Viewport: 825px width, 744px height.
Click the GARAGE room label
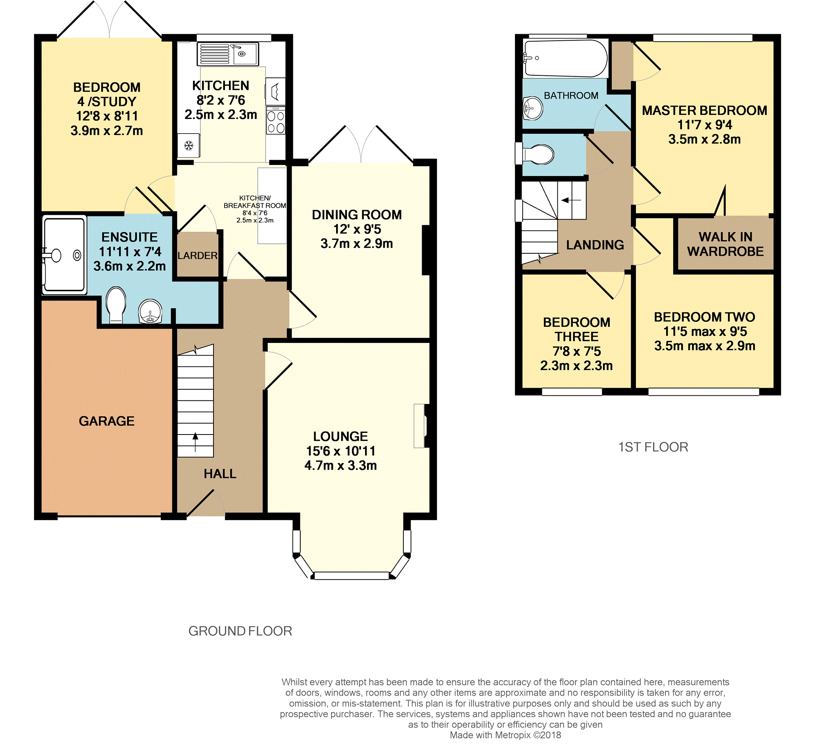pyautogui.click(x=106, y=421)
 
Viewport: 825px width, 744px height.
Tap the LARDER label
pyautogui.click(x=198, y=255)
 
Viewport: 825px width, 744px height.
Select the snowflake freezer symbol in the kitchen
pyautogui.click(x=189, y=145)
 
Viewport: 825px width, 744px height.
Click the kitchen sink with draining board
pyautogui.click(x=227, y=54)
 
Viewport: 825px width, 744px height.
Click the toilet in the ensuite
pyautogui.click(x=116, y=305)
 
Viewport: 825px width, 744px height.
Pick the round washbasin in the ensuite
pyautogui.click(x=150, y=312)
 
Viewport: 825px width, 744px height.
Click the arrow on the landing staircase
pyautogui.click(x=572, y=200)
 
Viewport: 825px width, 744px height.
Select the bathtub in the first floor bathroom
pyautogui.click(x=565, y=58)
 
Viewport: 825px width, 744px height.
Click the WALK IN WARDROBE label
pyautogui.click(x=725, y=244)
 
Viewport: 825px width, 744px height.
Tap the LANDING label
pyautogui.click(x=595, y=245)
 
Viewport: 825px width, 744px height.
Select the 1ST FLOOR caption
pyautogui.click(x=653, y=447)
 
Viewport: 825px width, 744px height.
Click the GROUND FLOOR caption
pyautogui.click(x=240, y=631)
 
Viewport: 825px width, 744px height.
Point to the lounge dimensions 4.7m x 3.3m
pyautogui.click(x=341, y=465)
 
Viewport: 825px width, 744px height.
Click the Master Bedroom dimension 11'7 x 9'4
pyautogui.click(x=705, y=125)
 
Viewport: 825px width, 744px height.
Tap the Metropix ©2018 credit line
pyautogui.click(x=506, y=735)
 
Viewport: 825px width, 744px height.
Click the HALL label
pyautogui.click(x=220, y=474)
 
